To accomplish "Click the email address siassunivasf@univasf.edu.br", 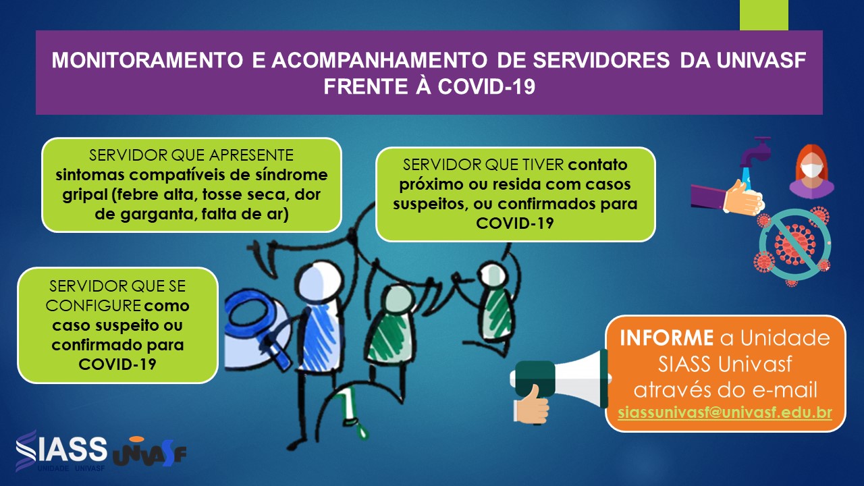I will coord(725,412).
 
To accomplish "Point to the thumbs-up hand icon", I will coord(532,404).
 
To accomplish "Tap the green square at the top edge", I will coord(764,15).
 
